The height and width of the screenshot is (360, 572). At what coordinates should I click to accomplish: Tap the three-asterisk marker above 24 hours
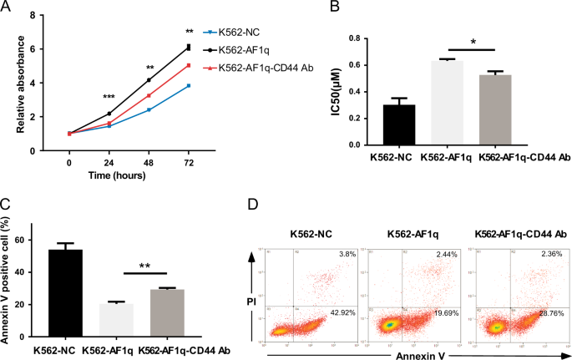coord(109,98)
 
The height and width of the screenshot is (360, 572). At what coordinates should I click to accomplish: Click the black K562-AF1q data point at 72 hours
coord(189,48)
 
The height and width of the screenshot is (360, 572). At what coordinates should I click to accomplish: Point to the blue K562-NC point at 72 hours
coord(189,86)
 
